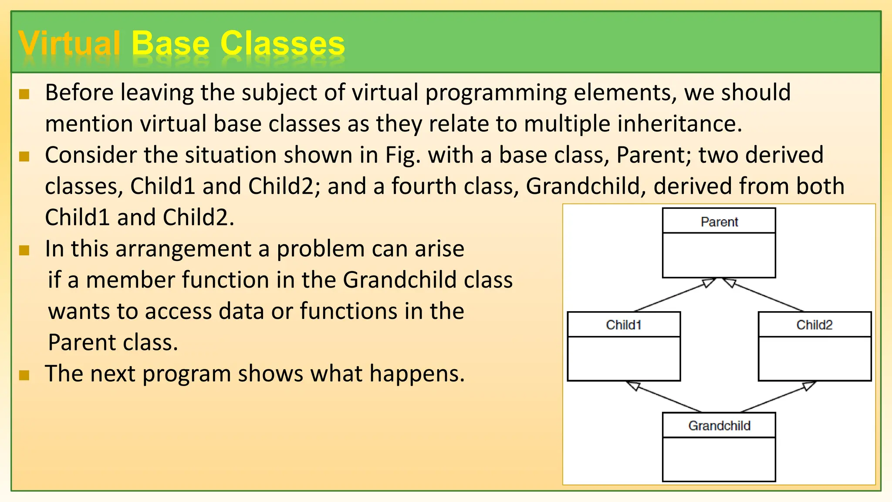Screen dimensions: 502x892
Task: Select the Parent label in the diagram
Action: [x=719, y=222]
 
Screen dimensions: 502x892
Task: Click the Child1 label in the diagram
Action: [x=624, y=325]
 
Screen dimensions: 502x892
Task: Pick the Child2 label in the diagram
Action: [x=814, y=325]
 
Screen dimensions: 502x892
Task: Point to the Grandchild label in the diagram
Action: [x=719, y=425]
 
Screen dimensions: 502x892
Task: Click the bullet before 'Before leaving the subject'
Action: [x=24, y=94]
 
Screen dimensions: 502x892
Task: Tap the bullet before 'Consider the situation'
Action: [x=24, y=156]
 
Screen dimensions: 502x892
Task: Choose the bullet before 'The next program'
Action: [x=24, y=375]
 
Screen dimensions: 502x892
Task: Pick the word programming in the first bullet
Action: [x=496, y=93]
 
